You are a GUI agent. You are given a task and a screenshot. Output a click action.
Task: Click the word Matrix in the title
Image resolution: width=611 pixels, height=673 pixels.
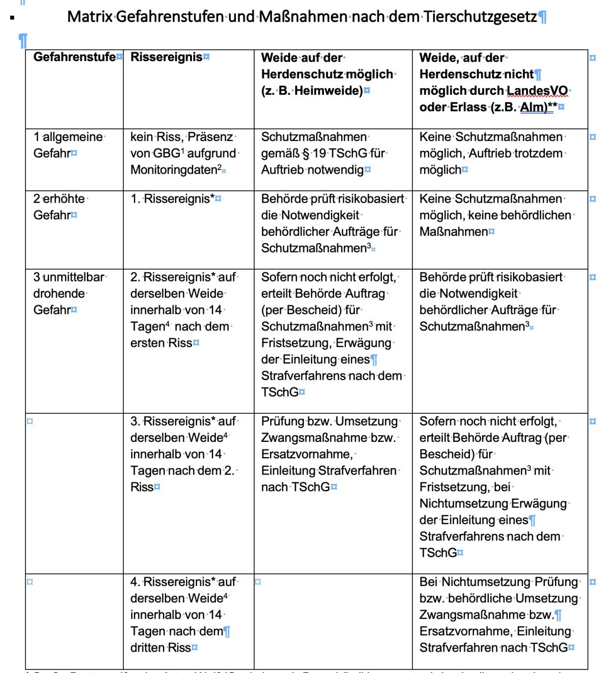[x=90, y=17]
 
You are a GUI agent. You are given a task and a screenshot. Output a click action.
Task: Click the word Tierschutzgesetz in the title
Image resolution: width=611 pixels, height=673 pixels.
[x=480, y=17]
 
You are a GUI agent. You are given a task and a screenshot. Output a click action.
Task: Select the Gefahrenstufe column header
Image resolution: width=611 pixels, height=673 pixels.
[x=74, y=57]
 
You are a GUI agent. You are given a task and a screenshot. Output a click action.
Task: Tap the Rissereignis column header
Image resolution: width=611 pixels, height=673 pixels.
[x=166, y=57]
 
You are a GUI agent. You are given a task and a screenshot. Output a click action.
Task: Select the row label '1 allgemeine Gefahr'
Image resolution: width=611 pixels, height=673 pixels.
[x=68, y=145]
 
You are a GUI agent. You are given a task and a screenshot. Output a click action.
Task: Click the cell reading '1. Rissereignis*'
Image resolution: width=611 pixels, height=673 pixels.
[x=173, y=199]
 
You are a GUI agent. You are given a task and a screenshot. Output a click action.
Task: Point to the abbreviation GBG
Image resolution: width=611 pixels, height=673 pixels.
[x=166, y=153]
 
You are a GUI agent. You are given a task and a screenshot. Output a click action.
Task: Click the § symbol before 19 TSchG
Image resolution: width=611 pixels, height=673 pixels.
[x=305, y=153]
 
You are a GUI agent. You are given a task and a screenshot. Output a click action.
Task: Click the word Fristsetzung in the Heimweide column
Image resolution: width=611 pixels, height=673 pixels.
[x=296, y=343]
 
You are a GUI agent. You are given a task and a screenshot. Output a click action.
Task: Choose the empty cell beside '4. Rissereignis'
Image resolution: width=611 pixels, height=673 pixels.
[x=333, y=621]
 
